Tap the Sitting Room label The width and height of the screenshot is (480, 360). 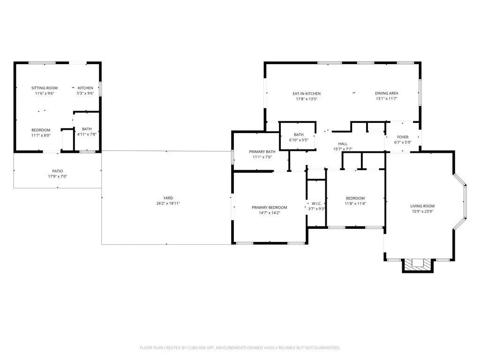(45, 88)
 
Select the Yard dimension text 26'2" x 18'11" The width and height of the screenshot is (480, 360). (168, 203)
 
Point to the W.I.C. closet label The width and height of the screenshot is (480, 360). (316, 203)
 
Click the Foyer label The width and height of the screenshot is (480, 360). (403, 137)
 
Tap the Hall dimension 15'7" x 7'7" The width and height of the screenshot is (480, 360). (342, 149)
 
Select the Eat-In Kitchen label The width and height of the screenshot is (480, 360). (307, 93)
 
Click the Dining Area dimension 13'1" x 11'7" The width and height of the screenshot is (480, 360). (386, 99)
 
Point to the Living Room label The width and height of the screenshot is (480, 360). (422, 206)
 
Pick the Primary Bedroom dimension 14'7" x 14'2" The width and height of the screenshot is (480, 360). (269, 213)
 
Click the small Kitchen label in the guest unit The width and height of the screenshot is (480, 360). (85, 88)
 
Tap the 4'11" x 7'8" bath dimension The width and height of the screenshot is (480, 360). (87, 134)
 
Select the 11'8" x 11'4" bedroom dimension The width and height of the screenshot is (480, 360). (355, 203)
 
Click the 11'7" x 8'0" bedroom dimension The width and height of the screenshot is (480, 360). (41, 135)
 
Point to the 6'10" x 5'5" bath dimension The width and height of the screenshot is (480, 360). (299, 140)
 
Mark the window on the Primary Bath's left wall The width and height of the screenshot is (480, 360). (232, 157)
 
